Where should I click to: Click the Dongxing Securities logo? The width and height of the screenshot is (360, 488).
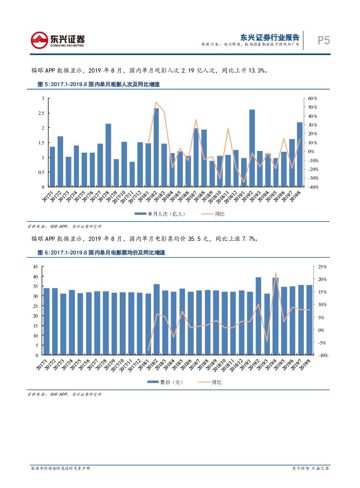pos(57,40)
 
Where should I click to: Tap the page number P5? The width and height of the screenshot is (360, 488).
pos(323,40)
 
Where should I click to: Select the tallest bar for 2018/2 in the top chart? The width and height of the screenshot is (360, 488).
pos(156,147)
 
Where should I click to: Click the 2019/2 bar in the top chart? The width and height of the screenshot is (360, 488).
pos(252,148)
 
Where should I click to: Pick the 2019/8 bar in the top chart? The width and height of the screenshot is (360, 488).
pos(300,154)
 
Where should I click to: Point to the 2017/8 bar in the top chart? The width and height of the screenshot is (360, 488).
pos(108,155)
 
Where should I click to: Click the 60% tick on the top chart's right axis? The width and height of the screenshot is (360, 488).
pos(312,99)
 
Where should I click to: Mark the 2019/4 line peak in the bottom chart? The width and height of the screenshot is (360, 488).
pos(276,273)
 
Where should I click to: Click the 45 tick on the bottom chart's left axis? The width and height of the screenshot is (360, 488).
pos(35,267)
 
